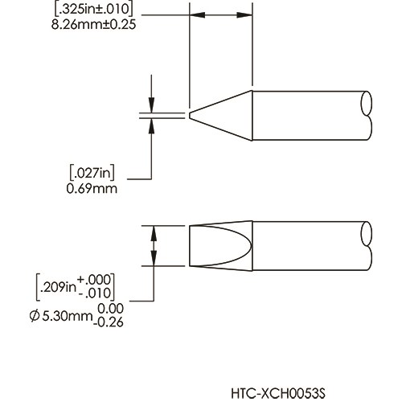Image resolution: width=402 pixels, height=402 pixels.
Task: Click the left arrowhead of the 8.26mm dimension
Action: coord(195,16)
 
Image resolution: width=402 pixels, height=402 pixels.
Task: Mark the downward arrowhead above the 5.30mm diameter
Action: coord(150,231)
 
